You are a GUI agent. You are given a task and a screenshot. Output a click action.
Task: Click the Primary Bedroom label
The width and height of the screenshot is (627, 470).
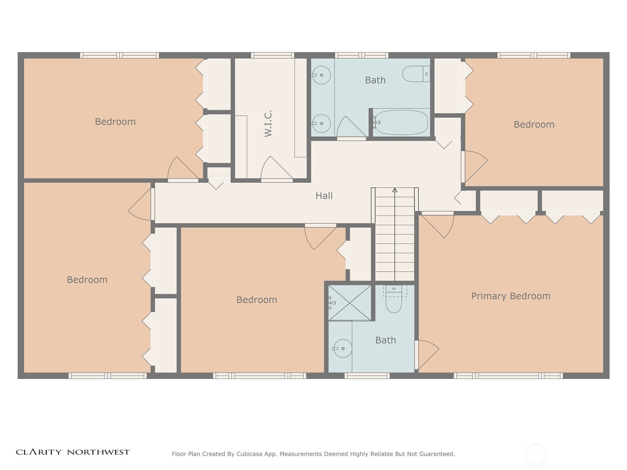click(511, 296)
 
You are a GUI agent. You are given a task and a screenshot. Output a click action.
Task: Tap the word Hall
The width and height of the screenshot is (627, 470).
click(324, 196)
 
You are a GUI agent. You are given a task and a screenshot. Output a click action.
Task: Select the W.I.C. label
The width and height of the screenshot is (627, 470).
click(268, 123)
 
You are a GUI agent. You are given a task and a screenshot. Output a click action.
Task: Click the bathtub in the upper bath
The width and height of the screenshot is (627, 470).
click(401, 123)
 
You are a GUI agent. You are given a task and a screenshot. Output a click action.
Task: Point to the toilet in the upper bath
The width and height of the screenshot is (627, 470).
click(416, 74)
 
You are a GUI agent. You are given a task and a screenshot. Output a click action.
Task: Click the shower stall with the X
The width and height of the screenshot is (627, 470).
click(350, 303)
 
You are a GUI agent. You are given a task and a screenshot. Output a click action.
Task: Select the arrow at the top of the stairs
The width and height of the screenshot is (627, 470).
click(395, 190)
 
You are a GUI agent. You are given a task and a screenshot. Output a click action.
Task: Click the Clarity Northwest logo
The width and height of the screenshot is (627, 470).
click(73, 452)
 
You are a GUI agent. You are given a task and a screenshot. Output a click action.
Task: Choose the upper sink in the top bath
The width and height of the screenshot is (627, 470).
click(321, 75)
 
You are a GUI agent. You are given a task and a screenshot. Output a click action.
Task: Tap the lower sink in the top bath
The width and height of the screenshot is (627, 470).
click(321, 123)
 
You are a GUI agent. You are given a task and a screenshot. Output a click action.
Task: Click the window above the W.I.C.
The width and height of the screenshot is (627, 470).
click(272, 55)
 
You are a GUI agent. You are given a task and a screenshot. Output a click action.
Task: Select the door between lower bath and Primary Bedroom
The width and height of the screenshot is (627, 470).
click(427, 355)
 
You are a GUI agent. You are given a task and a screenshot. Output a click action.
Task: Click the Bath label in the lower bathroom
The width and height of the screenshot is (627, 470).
click(386, 340)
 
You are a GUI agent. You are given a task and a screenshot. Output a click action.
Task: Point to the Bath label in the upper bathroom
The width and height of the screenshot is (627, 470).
click(375, 80)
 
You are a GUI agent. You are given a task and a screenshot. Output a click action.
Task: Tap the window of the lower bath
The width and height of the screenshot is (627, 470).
click(367, 376)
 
